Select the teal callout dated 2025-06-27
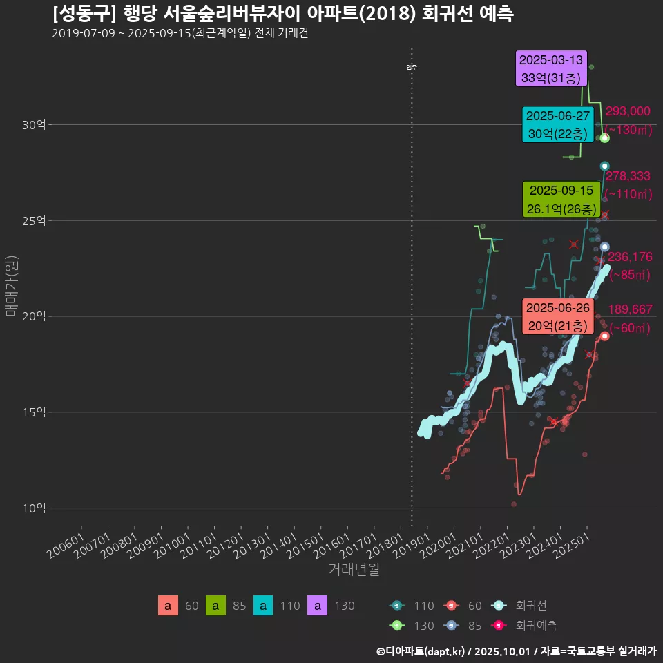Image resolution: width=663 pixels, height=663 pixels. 557,125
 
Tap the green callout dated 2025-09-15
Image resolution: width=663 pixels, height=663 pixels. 561,199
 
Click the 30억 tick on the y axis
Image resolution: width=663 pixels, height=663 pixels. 34,125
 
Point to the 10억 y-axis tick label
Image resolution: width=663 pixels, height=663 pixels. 34,508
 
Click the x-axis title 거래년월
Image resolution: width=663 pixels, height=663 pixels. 354,570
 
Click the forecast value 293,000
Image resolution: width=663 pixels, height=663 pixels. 627,111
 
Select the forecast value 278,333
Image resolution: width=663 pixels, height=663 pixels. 628,177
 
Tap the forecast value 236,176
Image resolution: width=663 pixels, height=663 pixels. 628,257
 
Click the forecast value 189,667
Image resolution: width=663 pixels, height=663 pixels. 628,309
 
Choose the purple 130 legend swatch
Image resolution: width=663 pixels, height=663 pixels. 318,606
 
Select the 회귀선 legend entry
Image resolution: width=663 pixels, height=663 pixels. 531,606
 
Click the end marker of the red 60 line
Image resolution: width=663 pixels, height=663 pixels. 604,336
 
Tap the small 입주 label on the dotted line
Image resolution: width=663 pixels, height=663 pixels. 412,67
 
